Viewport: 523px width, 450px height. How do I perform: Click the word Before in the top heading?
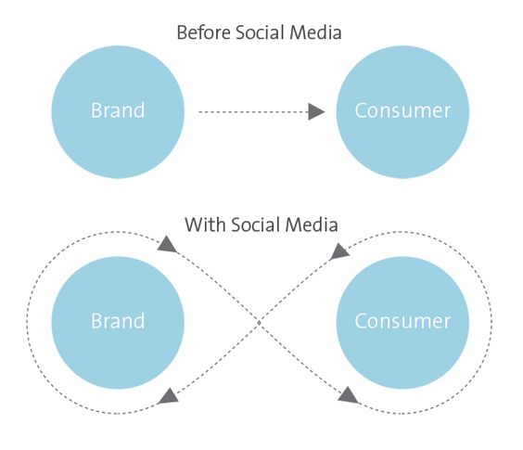click(x=203, y=32)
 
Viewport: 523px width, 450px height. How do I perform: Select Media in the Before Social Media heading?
click(x=316, y=32)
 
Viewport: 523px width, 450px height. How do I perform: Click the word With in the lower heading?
click(x=205, y=225)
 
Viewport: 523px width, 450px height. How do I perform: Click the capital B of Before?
click(x=182, y=32)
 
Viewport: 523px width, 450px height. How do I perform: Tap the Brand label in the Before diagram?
click(x=118, y=110)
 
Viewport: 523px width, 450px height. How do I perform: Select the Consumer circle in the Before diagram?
click(x=402, y=112)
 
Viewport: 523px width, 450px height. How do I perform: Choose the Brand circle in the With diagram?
click(x=118, y=323)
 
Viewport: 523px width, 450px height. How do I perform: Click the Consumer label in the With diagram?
click(x=402, y=321)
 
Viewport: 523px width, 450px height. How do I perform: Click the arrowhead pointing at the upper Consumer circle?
click(x=316, y=112)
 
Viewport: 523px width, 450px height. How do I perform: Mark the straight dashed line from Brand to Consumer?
click(x=253, y=112)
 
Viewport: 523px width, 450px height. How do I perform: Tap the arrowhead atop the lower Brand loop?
click(x=167, y=245)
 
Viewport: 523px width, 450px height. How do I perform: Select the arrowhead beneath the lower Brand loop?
click(x=169, y=396)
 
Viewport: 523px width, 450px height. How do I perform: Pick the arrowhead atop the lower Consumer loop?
click(x=339, y=251)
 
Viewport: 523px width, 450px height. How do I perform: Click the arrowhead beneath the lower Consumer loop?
click(x=348, y=394)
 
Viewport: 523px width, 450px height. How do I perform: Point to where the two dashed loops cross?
click(x=259, y=323)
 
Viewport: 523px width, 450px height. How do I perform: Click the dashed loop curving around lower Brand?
click(x=27, y=323)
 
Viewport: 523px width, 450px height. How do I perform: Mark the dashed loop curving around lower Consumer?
click(x=491, y=323)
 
